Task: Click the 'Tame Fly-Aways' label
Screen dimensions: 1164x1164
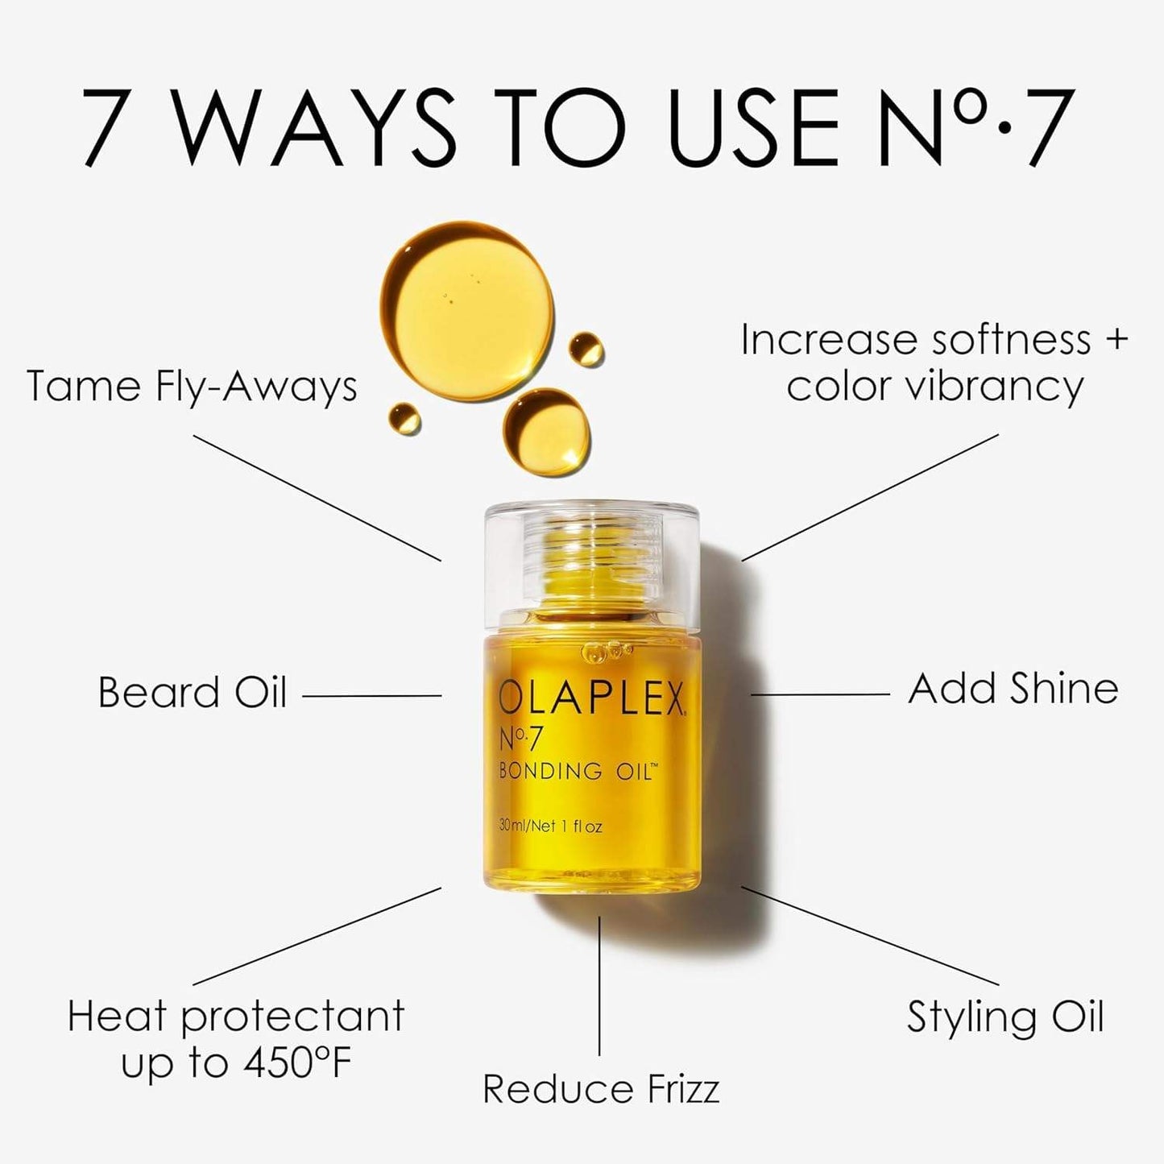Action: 192,386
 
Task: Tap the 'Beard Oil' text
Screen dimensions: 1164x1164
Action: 192,693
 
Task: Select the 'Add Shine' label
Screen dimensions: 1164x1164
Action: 1013,690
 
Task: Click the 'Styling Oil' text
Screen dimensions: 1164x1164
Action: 1005,1017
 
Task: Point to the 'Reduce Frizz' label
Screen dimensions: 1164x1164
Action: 600,1089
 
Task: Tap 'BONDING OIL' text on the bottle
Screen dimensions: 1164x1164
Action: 578,771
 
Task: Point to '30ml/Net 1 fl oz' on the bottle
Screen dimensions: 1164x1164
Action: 550,826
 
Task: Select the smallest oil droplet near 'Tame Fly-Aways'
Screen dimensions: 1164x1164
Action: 404,418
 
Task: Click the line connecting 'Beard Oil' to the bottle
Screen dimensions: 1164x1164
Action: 371,695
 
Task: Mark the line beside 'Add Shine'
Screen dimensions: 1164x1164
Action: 820,694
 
